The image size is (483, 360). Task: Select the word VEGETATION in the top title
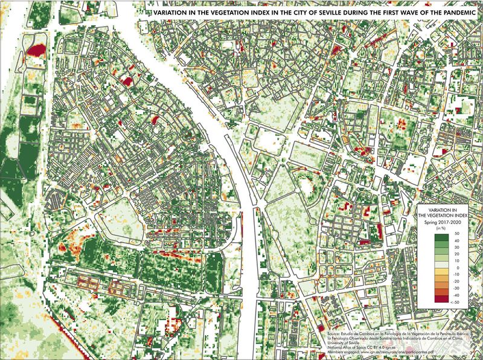coord(220,11)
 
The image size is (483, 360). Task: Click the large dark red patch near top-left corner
coord(37,50)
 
